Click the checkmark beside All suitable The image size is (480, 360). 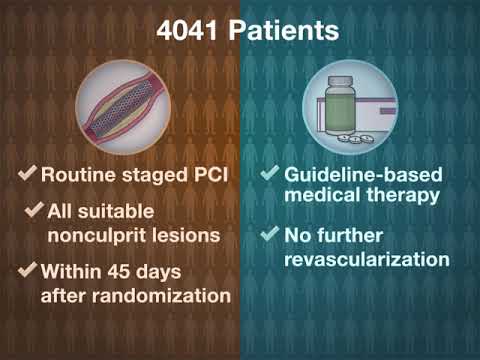point(37,212)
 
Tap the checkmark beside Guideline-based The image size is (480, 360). point(269,173)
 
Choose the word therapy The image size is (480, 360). point(401,195)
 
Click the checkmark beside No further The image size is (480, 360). point(269,236)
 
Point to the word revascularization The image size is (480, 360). point(365,259)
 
